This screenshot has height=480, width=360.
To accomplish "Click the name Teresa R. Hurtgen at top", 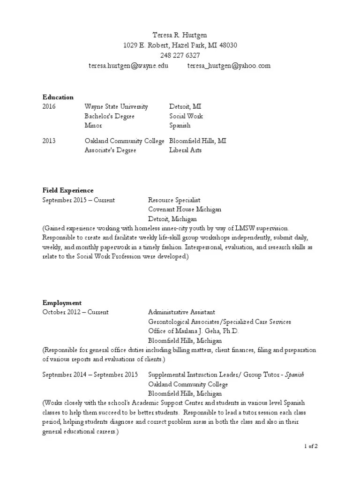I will point(180,35).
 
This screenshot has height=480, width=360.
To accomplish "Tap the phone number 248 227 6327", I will point(180,55).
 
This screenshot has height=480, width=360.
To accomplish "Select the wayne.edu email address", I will point(128,66).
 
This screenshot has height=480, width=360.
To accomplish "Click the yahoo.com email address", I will point(229,66).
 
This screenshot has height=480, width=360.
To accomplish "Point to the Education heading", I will point(58,97).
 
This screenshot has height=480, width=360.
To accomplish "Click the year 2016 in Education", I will point(49,106).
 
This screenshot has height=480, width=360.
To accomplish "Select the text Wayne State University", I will point(116,106).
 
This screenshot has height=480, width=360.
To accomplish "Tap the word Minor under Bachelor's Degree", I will point(93,126).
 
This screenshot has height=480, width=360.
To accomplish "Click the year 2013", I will point(49,141).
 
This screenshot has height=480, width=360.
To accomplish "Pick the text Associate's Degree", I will point(110,150).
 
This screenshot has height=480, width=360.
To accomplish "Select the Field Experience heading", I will point(68,190).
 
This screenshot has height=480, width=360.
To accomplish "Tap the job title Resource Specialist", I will point(174,200).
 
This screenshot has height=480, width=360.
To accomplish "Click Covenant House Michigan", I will point(185,210).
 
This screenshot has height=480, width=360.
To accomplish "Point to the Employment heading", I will point(62,303).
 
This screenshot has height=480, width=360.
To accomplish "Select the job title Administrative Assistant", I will point(181,312).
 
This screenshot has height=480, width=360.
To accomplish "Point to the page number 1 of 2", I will point(310,446).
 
